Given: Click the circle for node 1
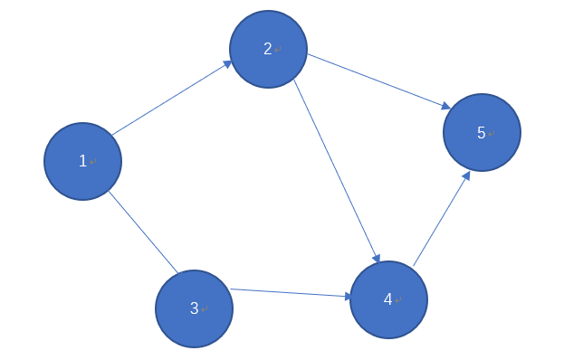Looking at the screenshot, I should click(x=82, y=161).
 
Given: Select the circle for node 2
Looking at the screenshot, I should click(x=268, y=49).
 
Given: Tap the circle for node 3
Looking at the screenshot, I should click(x=194, y=308).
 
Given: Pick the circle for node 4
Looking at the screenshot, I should click(x=388, y=299).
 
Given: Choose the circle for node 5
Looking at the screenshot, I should click(x=482, y=133).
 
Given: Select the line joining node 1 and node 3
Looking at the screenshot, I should click(x=143, y=232).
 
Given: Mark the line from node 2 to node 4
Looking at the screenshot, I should click(x=336, y=170).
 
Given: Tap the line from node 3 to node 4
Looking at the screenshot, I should click(x=290, y=293).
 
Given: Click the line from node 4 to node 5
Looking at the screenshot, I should click(x=441, y=220).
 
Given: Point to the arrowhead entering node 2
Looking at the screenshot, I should click(x=225, y=65).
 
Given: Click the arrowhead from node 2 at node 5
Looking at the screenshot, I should click(x=444, y=107).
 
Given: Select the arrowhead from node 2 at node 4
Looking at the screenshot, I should click(x=376, y=257).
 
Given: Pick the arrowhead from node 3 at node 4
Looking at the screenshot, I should click(x=347, y=296).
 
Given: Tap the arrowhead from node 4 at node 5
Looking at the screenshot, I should click(x=466, y=176).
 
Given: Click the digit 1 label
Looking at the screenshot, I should click(x=82, y=161).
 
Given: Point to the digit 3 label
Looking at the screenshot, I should click(x=194, y=308).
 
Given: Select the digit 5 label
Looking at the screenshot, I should click(x=482, y=133).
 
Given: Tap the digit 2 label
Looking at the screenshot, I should click(x=268, y=49).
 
